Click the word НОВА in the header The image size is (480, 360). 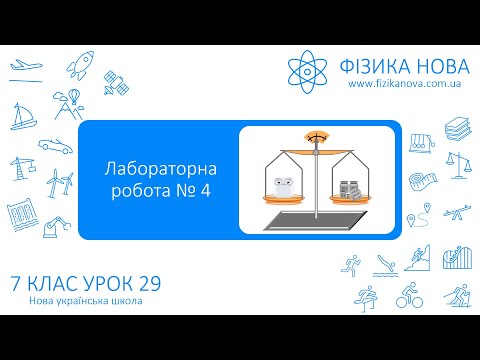click(x=437, y=66)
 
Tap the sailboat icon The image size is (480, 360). click(x=21, y=118)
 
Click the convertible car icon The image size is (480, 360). click(x=53, y=146)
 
